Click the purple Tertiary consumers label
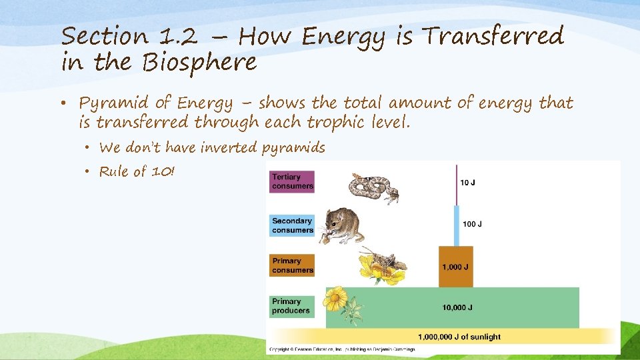point(292,181)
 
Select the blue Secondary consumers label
point(292,225)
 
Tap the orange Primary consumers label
point(292,265)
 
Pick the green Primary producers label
point(292,306)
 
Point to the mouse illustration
point(341,225)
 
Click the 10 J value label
point(469,182)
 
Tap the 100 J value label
point(471,223)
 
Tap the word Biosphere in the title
point(199,63)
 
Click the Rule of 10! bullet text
point(137,171)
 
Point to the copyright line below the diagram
point(342,349)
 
